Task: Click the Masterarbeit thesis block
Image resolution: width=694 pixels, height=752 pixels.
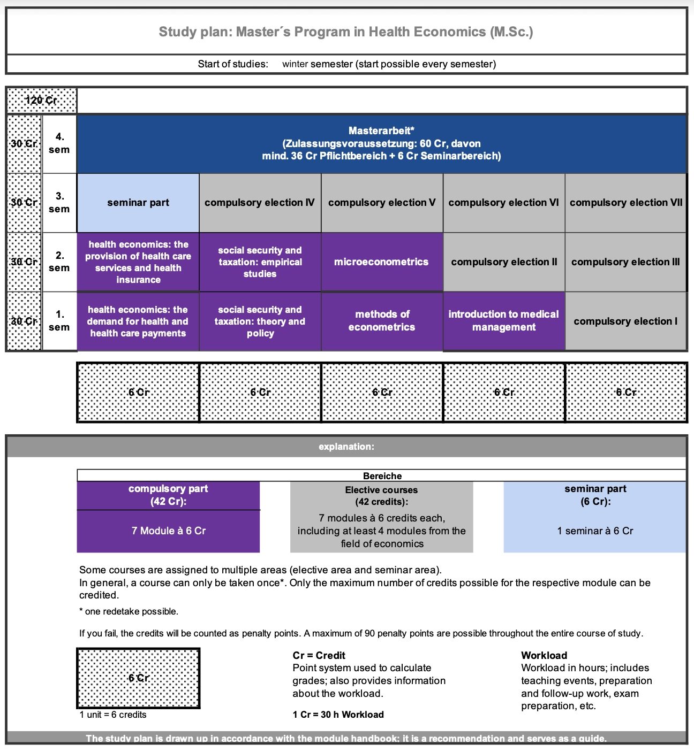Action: pos(381,143)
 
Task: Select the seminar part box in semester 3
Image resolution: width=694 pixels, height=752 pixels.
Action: pos(138,203)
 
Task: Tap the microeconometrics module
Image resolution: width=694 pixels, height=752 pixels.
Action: pos(381,262)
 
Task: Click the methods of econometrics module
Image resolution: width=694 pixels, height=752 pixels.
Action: pos(381,321)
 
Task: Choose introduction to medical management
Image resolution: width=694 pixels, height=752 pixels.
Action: pos(503,321)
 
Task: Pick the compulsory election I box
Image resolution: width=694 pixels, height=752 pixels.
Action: pos(625,321)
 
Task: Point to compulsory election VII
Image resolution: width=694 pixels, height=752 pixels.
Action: pos(625,203)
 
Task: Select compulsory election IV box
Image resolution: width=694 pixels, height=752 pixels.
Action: pos(260,203)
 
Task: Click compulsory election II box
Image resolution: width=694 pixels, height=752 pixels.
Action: pos(503,262)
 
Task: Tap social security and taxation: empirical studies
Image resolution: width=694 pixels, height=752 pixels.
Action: pos(260,262)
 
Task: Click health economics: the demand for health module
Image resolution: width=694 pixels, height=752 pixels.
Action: pos(138,321)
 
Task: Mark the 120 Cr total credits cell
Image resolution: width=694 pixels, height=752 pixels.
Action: pos(41,101)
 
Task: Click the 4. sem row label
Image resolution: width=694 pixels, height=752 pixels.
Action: pos(59,143)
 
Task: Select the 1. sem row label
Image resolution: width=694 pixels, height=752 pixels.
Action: pos(59,321)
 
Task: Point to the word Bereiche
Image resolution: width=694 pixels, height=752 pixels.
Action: pos(382,476)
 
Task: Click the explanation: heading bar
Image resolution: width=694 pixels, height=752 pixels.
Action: pos(346,447)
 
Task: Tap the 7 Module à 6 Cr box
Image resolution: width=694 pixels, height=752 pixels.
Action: pos(168,531)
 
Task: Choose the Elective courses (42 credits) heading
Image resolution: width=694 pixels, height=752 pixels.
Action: pos(381,496)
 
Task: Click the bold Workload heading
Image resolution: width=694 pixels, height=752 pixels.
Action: pos(544,655)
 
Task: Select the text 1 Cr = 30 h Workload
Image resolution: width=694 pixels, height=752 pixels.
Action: pos(338,715)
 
